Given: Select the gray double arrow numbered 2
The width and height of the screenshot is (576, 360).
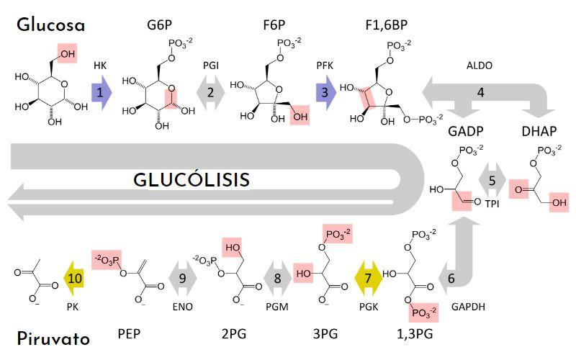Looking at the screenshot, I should (x=210, y=93).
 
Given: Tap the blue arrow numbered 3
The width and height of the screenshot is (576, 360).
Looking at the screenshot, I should (x=325, y=93).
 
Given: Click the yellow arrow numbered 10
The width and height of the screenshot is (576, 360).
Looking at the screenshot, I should (x=76, y=277).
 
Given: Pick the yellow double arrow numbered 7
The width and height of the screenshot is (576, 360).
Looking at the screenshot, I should (x=369, y=277).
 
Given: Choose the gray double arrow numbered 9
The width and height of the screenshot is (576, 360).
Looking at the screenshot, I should (x=182, y=277).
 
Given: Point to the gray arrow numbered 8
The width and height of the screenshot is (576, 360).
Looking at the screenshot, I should (x=276, y=277).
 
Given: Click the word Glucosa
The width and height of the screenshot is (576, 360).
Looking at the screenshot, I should (x=50, y=26).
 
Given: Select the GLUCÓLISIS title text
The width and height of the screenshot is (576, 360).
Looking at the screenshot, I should (x=192, y=179).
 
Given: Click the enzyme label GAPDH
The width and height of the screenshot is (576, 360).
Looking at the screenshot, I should (x=469, y=306).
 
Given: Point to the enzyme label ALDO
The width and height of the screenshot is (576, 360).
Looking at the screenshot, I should (x=480, y=66).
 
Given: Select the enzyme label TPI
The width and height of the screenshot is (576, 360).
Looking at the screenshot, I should (x=492, y=204).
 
